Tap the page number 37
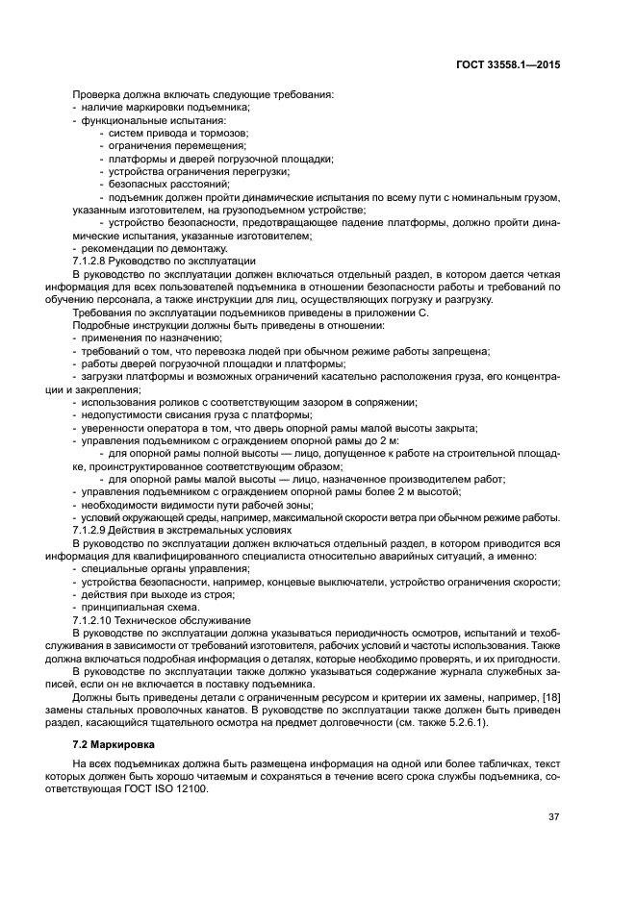pyautogui.click(x=553, y=816)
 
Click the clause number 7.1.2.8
pyautogui.click(x=96, y=261)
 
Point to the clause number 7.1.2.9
pyautogui.click(x=96, y=530)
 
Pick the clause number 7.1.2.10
pyautogui.click(x=99, y=620)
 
